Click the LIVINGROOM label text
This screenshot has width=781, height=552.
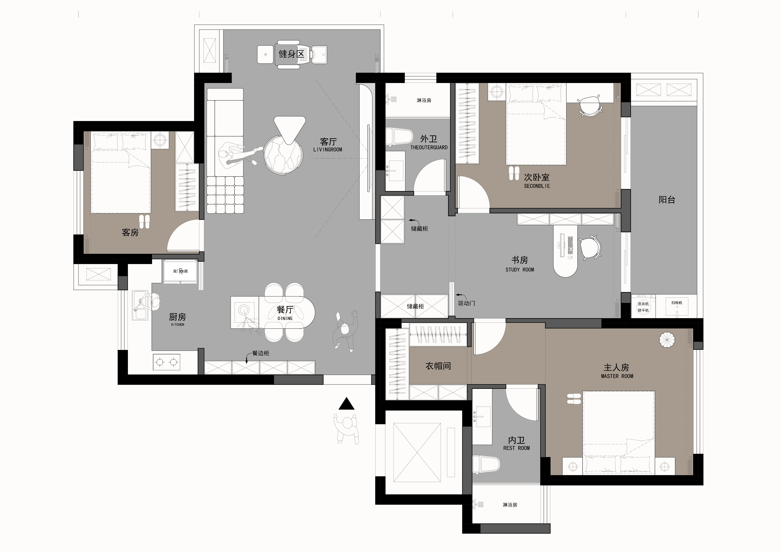[x=328, y=150]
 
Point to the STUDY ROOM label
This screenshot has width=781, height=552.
[x=520, y=270]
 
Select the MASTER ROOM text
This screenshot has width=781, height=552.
[x=617, y=376]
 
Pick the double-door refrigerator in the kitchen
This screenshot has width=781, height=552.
[x=180, y=271]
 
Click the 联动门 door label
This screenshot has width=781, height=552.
[x=466, y=303]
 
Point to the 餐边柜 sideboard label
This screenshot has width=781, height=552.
[x=260, y=353]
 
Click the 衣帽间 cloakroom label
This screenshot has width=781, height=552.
[x=438, y=366]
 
